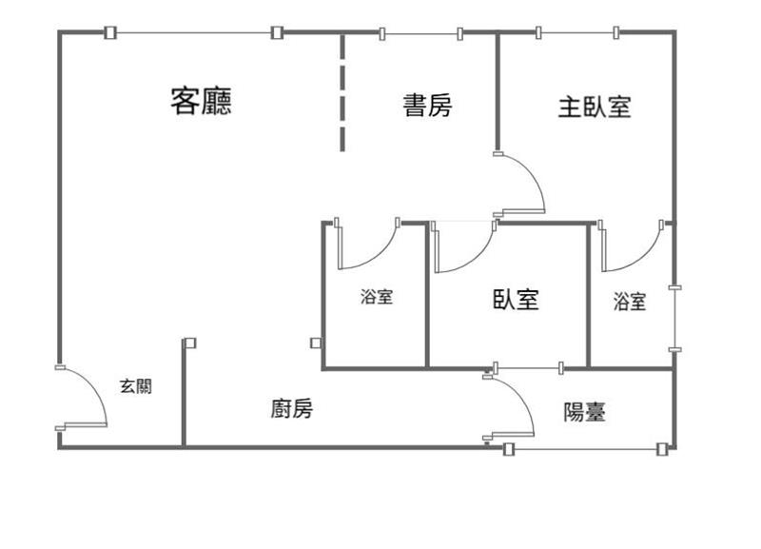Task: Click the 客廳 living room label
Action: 201,101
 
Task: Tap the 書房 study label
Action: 427,105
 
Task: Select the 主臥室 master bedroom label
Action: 595,106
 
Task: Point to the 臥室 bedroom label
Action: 516,300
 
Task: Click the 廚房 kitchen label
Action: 291,409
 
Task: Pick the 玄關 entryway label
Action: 135,386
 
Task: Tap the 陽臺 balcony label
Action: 585,412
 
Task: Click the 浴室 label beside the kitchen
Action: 376,297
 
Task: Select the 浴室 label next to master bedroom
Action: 630,302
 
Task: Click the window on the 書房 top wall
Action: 420,34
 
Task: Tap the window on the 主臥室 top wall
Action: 577,34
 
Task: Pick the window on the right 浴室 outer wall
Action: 674,319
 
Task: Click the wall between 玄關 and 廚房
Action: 184,395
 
